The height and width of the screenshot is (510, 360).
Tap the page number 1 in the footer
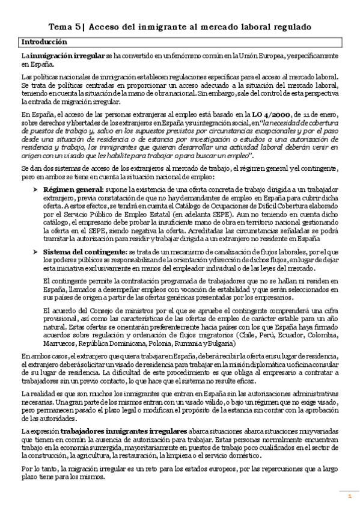349,496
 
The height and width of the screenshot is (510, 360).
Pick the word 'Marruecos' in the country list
59,344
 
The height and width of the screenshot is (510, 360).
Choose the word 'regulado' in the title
288,26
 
